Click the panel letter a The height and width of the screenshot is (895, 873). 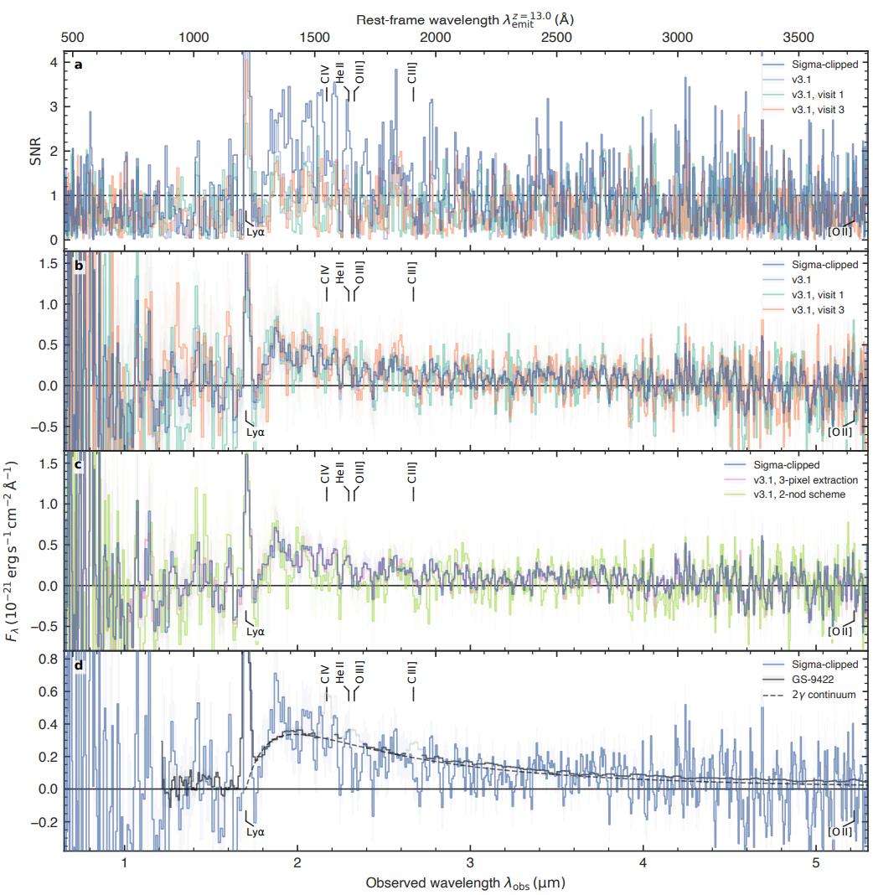(x=78, y=65)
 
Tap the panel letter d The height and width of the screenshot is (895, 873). (x=78, y=667)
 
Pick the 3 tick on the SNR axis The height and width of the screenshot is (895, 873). (x=54, y=106)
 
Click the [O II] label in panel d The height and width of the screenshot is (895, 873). (x=839, y=831)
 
